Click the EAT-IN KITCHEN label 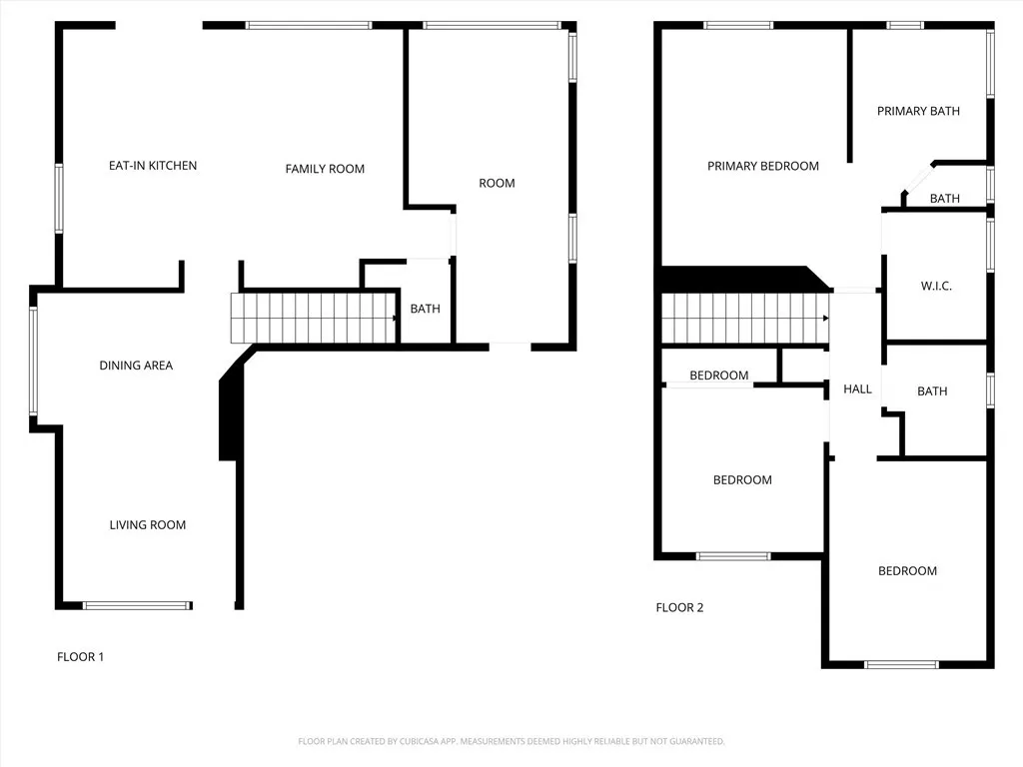coord(153,166)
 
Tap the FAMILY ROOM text coord(325,169)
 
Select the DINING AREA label coord(136,366)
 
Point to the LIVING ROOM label coord(148,525)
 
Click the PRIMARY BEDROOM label coord(763,166)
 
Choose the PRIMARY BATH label coord(918,111)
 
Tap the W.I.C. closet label coord(936,287)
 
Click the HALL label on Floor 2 coord(857,389)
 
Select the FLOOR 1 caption coord(80,657)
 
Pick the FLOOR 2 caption coord(679,607)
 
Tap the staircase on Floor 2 coord(744,318)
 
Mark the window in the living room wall coord(137,605)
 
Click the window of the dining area coord(33,361)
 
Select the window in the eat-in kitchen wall coord(58,199)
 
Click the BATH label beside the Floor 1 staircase coord(425,310)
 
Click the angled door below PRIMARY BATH coord(916,179)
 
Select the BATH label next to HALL coord(932,391)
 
